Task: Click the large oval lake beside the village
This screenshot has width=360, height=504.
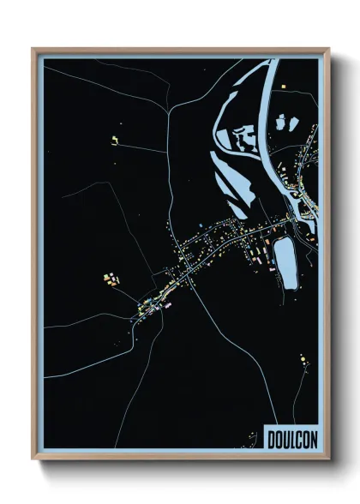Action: click(x=285, y=261)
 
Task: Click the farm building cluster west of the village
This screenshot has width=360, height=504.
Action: click(x=111, y=279)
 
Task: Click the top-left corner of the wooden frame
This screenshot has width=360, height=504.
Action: click(x=33, y=49)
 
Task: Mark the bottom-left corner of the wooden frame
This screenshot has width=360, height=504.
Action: click(x=33, y=461)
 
